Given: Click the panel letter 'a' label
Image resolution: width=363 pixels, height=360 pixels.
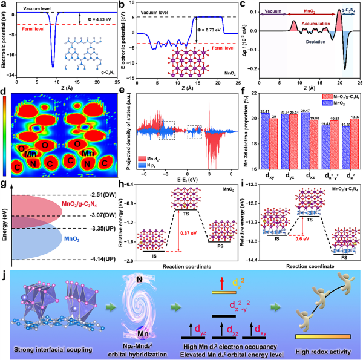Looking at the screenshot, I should pyautogui.click(x=4, y=5).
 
